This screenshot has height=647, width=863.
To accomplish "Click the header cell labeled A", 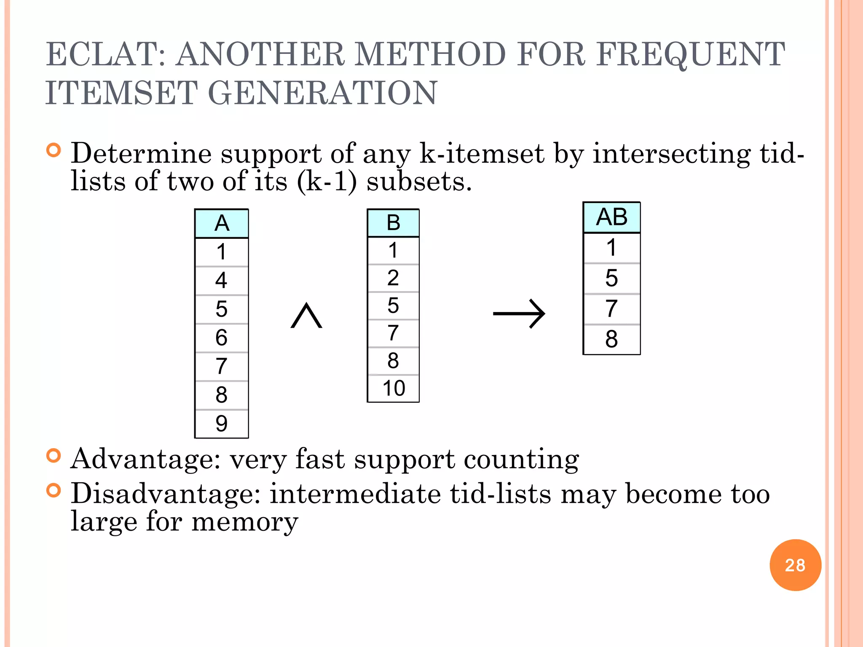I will click(222, 224).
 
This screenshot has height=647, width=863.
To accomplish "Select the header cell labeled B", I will click(393, 223).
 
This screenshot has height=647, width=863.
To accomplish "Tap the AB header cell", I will click(611, 217).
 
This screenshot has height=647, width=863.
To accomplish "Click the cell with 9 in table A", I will click(222, 424).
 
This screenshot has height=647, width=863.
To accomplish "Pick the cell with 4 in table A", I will click(222, 281).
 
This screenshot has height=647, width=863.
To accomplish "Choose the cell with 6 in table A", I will click(222, 338).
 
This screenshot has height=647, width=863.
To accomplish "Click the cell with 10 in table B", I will click(393, 388).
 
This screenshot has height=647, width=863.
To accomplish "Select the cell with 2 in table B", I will click(393, 278).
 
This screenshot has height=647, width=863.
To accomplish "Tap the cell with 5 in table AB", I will click(611, 278).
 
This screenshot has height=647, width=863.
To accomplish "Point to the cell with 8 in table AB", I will click(611, 340).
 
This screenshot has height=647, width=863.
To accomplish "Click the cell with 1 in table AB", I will click(611, 248).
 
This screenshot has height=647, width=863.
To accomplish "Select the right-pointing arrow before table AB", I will click(519, 314).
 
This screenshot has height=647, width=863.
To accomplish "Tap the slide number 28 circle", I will click(795, 565).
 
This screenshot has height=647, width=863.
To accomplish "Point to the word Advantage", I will click(145, 459).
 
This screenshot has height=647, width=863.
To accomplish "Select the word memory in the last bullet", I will click(245, 522).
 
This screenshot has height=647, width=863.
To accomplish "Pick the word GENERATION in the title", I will click(323, 93).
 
